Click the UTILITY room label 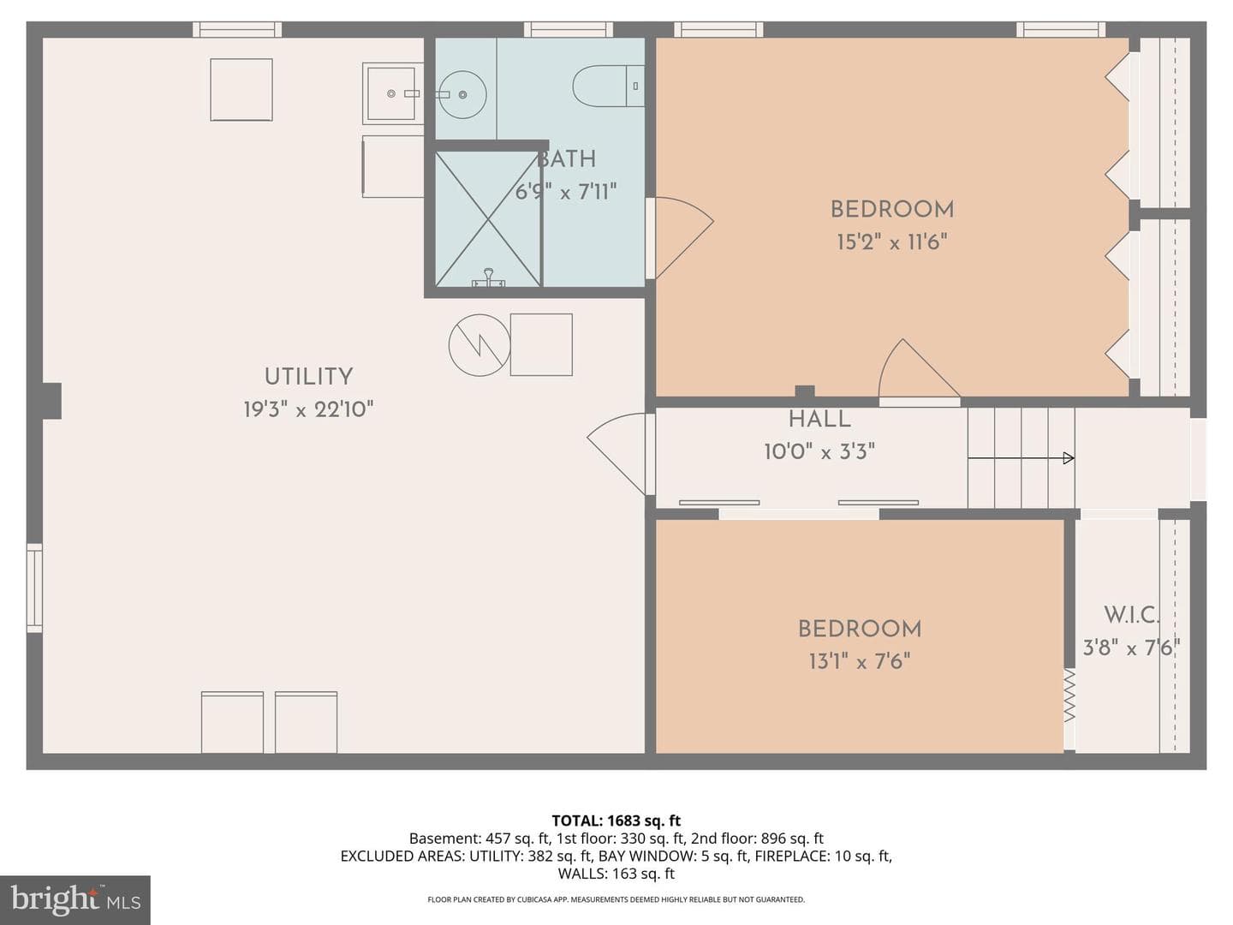pos(308,376)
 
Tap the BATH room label pos(566,159)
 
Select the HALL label pos(819,419)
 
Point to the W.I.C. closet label pos(1131,615)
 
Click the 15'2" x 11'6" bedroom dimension pos(892,242)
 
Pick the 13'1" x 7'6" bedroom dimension pos(860,661)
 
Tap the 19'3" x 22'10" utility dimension pos(308,409)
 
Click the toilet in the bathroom pos(608,86)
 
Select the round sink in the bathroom pos(462,94)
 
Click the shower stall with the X pos(487,219)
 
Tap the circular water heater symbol pos(479,345)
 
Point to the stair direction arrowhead pos(1069,458)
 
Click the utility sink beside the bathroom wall pos(393,93)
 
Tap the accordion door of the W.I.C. pos(1069,695)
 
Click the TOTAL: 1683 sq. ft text pos(616,821)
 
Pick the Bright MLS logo pos(75,899)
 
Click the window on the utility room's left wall pos(34,588)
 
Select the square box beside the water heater pos(541,345)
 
